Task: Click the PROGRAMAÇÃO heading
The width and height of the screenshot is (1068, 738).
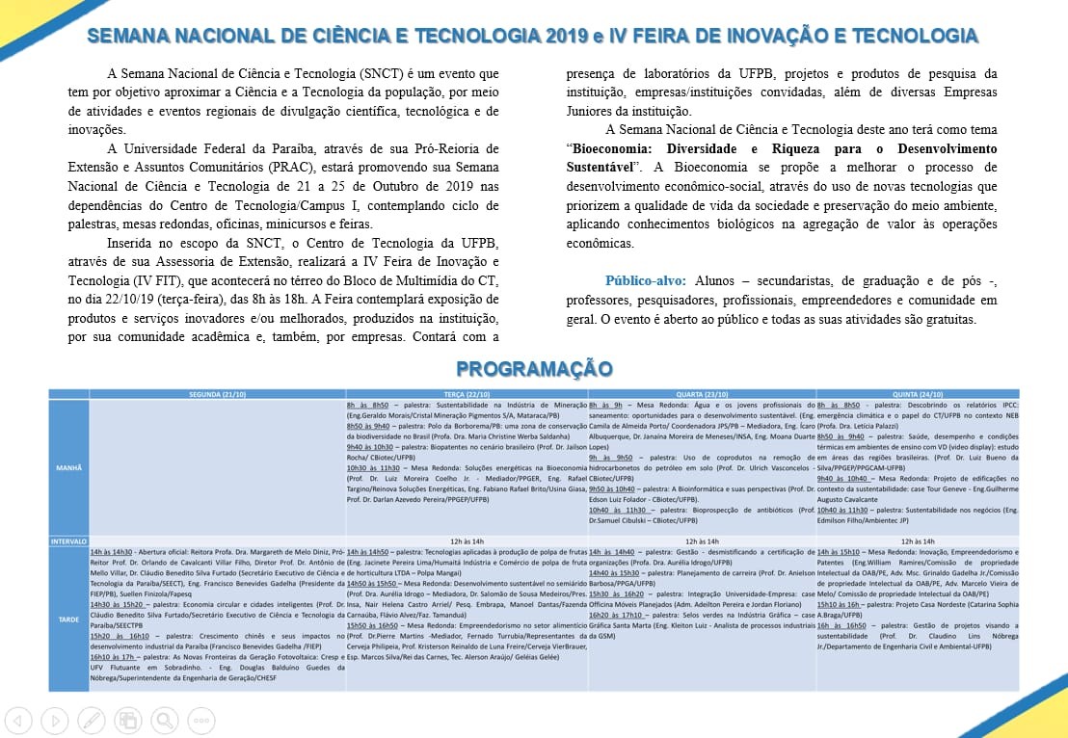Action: [534, 369]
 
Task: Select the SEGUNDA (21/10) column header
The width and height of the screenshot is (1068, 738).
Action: [218, 395]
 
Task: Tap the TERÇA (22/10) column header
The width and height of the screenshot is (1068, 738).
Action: [467, 395]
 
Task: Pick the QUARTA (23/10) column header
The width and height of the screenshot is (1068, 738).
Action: [702, 395]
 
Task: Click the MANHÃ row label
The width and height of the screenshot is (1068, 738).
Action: [68, 468]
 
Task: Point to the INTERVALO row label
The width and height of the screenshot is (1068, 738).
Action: [68, 541]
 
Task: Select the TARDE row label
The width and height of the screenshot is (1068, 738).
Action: [68, 619]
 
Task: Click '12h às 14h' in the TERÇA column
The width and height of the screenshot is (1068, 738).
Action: [467, 541]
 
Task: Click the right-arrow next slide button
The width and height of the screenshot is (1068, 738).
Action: [56, 719]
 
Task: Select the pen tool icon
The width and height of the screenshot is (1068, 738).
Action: [92, 719]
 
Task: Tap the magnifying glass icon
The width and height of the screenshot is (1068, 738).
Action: [164, 719]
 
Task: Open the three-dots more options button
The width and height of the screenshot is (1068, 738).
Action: [200, 719]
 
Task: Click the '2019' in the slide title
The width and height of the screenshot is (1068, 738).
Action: [568, 37]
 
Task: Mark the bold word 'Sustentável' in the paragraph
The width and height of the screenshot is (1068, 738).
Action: [599, 168]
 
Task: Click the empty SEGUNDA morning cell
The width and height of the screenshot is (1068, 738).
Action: [218, 468]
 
